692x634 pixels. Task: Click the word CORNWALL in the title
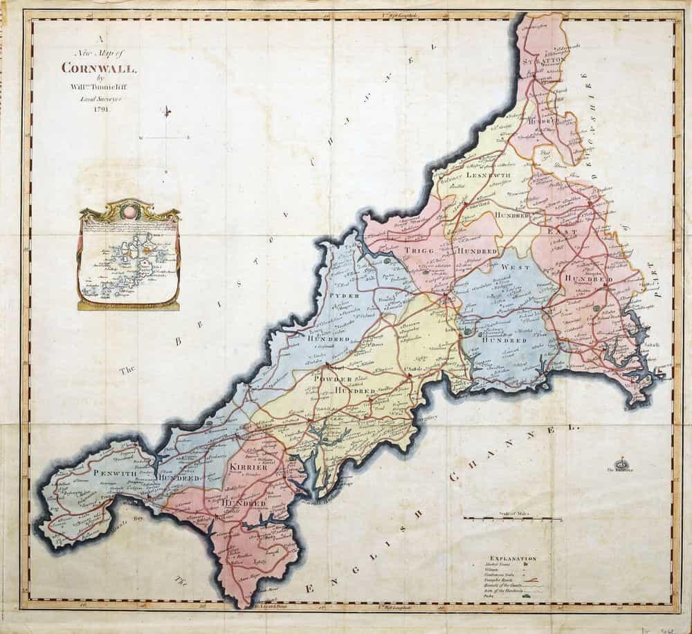[x=100, y=68]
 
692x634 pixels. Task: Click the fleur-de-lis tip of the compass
[x=167, y=111]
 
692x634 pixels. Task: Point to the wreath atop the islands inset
[x=129, y=206]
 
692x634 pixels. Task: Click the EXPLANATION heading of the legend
[x=512, y=557]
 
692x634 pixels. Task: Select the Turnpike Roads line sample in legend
[x=530, y=580]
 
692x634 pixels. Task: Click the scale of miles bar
[x=512, y=518]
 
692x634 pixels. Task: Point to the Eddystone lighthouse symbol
[x=621, y=462]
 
